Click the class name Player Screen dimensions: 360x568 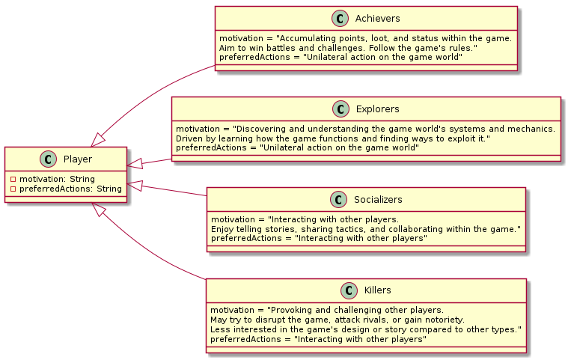pyautogui.click(x=78, y=159)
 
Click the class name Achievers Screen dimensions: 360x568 pyautogui.click(x=379, y=19)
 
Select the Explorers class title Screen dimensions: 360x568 pyautogui.click(x=378, y=109)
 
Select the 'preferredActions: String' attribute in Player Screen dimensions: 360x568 pyautogui.click(x=67, y=189)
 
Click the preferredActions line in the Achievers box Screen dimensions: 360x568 pyautogui.click(x=335, y=58)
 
